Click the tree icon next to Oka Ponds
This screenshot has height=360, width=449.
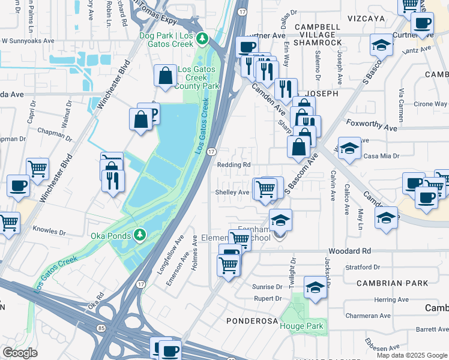point(139,233)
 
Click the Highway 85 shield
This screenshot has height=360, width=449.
point(100,328)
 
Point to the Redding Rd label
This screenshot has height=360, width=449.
point(234,165)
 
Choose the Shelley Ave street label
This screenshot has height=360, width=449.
point(232,193)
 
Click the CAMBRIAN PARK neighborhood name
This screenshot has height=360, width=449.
point(392,283)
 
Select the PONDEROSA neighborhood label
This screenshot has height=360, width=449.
point(252,321)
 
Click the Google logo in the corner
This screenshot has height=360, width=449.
point(20,352)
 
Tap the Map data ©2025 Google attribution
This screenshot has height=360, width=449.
point(412,355)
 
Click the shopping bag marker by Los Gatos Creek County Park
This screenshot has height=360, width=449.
point(165,76)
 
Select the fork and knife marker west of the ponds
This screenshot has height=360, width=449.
point(113,179)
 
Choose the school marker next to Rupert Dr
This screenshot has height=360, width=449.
point(315,287)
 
